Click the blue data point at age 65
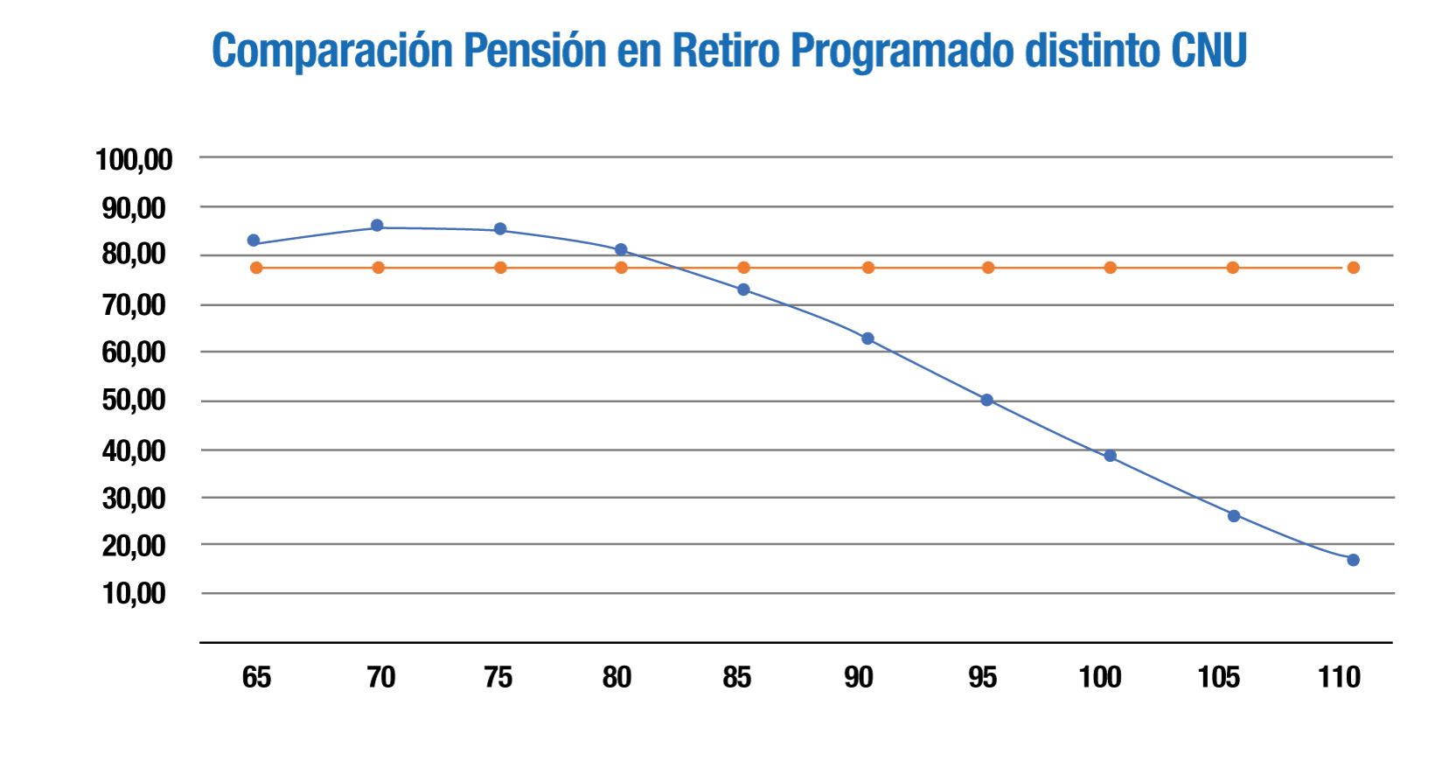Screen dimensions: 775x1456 254,241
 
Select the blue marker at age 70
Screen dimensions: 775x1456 377,226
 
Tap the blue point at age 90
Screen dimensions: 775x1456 867,339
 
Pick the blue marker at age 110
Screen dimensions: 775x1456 1353,560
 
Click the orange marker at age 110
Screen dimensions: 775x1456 1353,268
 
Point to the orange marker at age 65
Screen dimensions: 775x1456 256,268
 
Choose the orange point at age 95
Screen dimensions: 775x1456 988,268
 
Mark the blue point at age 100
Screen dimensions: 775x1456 1110,456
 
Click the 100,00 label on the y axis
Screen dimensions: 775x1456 134,160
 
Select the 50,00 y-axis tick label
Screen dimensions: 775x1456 134,401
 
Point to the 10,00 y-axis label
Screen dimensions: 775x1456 134,593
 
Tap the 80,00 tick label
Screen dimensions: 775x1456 134,255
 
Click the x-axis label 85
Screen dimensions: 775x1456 736,677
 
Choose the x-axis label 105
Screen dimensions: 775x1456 1218,677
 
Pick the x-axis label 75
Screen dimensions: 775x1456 498,677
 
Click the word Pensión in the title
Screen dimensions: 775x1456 534,51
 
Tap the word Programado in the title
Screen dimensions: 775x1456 901,51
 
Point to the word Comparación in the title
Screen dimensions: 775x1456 332,51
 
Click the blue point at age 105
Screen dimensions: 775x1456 1234,516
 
